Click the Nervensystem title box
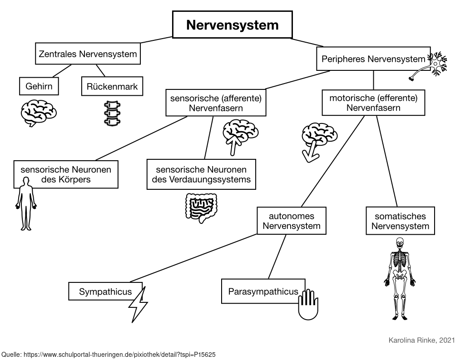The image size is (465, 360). [x=232, y=25]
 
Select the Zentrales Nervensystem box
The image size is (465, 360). [x=88, y=54]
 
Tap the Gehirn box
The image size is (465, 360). [x=39, y=86]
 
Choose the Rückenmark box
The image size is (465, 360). [x=112, y=86]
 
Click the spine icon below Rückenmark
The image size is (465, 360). [x=111, y=113]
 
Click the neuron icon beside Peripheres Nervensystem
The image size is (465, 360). [x=434, y=65]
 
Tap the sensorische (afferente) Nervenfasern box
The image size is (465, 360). [x=215, y=103]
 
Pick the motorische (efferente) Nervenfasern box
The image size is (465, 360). [x=373, y=103]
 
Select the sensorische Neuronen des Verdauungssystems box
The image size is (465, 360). [x=201, y=175]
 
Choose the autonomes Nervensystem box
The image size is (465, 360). [x=292, y=221]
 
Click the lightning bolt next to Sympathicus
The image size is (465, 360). [x=138, y=304]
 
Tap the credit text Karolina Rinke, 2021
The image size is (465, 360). [x=422, y=340]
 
